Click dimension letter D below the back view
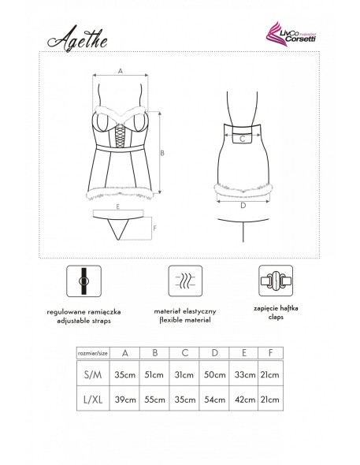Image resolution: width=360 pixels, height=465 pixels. (x=243, y=206)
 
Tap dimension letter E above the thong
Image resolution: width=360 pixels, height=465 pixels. (x=117, y=206)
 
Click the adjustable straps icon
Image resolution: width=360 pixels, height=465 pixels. (x=81, y=280)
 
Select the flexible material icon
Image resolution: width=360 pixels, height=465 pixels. (x=180, y=280)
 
